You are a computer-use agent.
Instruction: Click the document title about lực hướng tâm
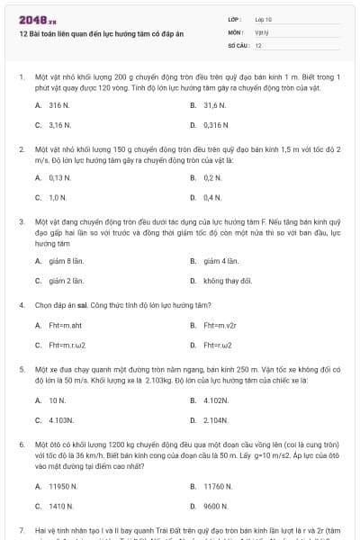101,33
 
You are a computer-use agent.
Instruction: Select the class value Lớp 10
264,19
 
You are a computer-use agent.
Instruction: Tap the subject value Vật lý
262,31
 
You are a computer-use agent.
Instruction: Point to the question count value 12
258,44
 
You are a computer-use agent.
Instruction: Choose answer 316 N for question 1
59,104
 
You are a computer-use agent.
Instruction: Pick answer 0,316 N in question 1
216,124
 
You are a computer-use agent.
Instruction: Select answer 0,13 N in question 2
59,176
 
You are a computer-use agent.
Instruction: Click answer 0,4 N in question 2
212,196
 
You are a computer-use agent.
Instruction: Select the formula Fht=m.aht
65,325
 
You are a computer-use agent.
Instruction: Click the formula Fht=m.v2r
220,325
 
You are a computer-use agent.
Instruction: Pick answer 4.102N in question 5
216,400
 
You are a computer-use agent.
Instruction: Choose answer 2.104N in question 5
216,419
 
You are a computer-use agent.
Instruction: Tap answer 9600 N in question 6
216,506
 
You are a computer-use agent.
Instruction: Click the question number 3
21,220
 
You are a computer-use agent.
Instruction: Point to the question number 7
21,531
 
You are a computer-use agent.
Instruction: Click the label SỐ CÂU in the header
238,44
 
